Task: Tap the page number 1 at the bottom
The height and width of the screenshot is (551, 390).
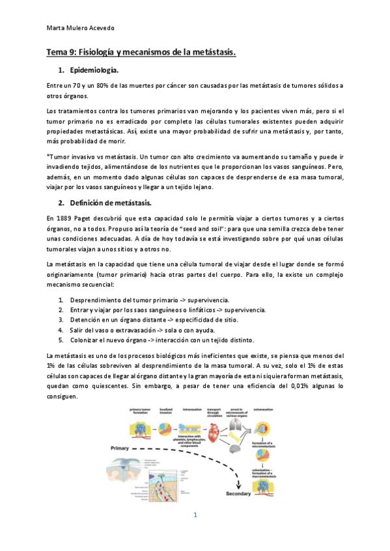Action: [x=195, y=515]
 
